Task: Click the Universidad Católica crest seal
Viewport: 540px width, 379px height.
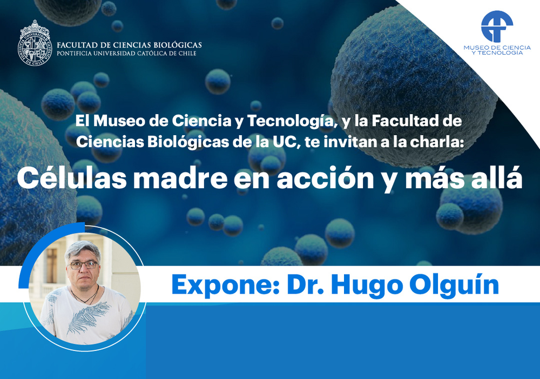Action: (x=35, y=43)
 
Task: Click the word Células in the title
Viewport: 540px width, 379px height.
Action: (x=72, y=178)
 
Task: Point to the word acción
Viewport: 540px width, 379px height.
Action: (x=326, y=178)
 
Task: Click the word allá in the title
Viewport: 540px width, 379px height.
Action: (x=498, y=178)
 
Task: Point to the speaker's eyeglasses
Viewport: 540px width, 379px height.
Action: (x=84, y=265)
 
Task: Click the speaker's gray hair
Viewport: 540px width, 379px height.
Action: (x=83, y=250)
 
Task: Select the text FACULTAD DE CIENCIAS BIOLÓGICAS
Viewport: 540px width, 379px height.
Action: (x=129, y=45)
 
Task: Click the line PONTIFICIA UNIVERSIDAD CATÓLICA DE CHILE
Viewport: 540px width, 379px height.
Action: (x=126, y=54)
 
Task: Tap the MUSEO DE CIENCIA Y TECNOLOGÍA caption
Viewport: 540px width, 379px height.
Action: (x=497, y=50)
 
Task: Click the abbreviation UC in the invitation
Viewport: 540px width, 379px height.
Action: (x=285, y=142)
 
